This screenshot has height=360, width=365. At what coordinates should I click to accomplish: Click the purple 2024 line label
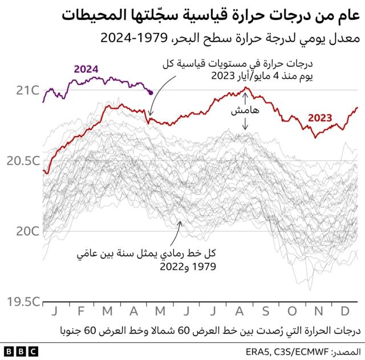pyautogui.click(x=86, y=69)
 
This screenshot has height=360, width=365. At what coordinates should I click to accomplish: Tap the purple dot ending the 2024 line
pyautogui.click(x=151, y=92)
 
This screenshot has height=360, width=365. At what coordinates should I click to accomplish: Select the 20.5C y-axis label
pyautogui.click(x=23, y=161)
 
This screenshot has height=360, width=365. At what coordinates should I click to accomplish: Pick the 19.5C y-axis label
pyautogui.click(x=23, y=301)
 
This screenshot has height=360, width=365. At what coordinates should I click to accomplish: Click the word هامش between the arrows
pyautogui.click(x=241, y=112)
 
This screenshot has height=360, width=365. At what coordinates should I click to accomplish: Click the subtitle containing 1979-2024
pyautogui.click(x=230, y=39)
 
